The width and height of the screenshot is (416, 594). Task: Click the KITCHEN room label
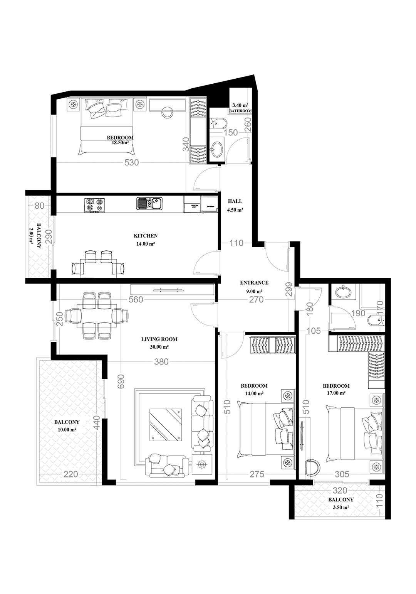pyautogui.click(x=145, y=235)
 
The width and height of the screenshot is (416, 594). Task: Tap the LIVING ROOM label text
pyautogui.click(x=159, y=339)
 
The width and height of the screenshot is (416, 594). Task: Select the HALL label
pyautogui.click(x=235, y=201)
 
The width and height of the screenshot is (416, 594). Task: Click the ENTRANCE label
pyautogui.click(x=254, y=283)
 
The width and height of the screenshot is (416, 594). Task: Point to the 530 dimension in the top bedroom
pyautogui.click(x=132, y=162)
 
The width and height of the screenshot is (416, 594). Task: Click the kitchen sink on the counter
pyautogui.click(x=149, y=203)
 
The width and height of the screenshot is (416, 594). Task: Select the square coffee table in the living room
pyautogui.click(x=166, y=425)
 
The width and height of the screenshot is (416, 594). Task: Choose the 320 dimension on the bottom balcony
pyautogui.click(x=340, y=490)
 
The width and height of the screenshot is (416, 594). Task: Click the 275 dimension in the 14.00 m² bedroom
pyautogui.click(x=257, y=474)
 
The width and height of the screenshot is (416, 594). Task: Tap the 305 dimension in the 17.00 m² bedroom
pyautogui.click(x=342, y=474)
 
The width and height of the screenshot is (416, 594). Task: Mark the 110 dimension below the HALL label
pyautogui.click(x=236, y=243)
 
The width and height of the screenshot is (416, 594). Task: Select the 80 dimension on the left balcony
pyautogui.click(x=39, y=206)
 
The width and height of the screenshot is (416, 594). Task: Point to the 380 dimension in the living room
pyautogui.click(x=161, y=362)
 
